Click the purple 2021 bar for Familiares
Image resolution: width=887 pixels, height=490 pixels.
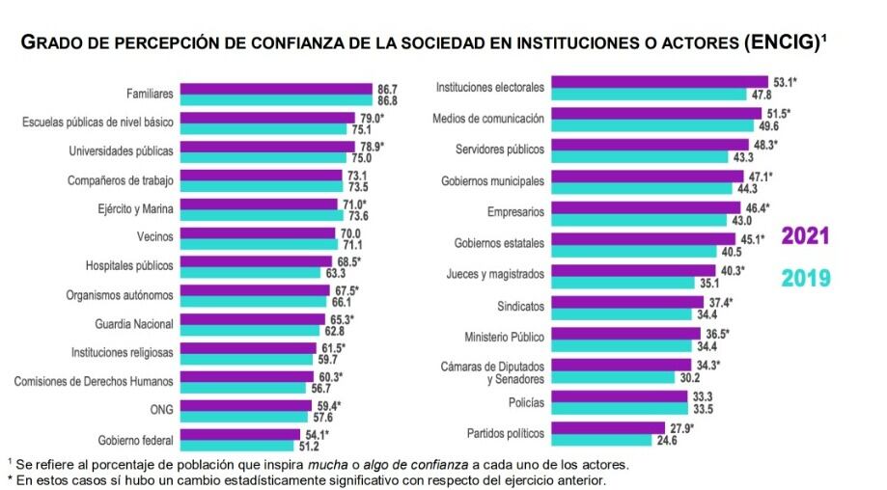pos(275,88)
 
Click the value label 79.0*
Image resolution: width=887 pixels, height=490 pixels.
pos(373,117)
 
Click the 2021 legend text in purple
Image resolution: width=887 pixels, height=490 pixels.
pos(806,237)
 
